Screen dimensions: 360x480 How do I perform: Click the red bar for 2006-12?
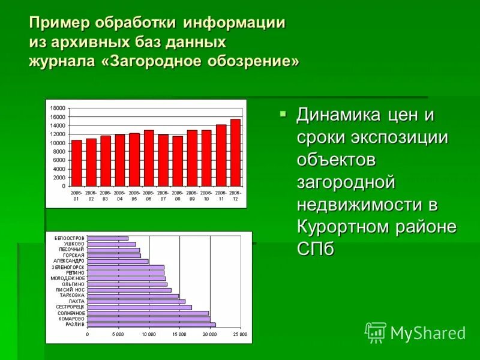[x=235, y=152]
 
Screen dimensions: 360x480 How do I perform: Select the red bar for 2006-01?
[x=77, y=163]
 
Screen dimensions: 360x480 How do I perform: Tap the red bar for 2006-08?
[x=178, y=161]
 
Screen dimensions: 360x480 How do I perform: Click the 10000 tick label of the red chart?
[x=58, y=143]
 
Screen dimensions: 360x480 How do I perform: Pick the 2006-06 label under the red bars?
[x=149, y=196]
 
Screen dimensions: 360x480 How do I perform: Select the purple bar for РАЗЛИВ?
[x=151, y=325]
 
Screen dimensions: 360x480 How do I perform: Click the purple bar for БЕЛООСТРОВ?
[x=108, y=238]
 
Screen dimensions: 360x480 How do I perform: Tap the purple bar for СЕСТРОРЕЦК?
[x=139, y=307]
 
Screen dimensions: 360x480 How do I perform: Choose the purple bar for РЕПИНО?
[x=125, y=273]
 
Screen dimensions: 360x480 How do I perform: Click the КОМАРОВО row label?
[x=71, y=319]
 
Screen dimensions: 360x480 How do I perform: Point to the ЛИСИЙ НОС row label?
[x=71, y=290]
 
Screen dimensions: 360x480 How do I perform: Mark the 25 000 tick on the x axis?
[x=240, y=334]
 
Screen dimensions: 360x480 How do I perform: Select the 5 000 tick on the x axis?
[x=118, y=334]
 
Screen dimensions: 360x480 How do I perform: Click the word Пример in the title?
[x=55, y=23]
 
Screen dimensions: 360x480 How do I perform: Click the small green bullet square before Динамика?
[x=283, y=113]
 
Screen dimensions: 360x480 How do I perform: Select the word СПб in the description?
[x=315, y=249]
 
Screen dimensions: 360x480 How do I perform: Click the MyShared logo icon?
[x=376, y=332]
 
